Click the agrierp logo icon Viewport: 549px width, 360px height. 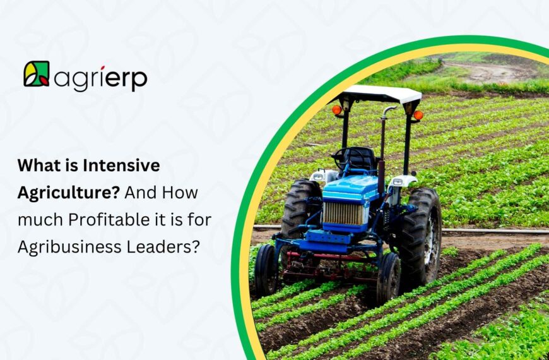[x=36, y=74]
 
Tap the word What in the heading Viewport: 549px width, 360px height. [x=37, y=166]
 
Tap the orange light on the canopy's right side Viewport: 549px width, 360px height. [x=418, y=115]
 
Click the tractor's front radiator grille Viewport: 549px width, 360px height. [x=343, y=213]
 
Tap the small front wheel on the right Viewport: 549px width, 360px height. [x=389, y=278]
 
